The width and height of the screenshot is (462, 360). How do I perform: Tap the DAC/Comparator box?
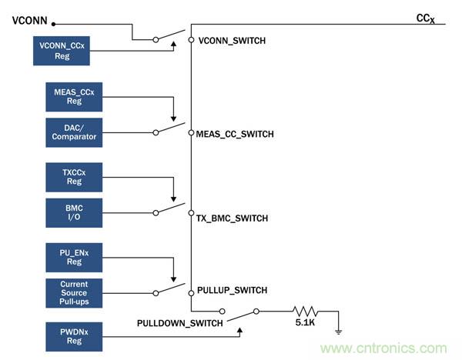click(x=74, y=132)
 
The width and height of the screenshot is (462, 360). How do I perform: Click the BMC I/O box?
click(x=74, y=212)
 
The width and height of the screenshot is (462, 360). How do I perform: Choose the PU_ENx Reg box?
click(x=74, y=256)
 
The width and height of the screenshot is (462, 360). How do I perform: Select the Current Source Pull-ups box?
click(x=74, y=293)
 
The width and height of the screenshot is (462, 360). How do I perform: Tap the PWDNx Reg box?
click(x=74, y=336)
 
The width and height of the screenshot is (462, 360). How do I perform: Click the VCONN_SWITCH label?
click(x=232, y=41)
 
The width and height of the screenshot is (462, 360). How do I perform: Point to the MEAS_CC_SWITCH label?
click(x=235, y=135)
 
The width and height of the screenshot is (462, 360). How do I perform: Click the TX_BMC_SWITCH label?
click(x=232, y=218)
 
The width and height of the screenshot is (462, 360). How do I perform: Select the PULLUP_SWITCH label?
click(x=232, y=291)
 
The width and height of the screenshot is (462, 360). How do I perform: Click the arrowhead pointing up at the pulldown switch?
click(x=241, y=331)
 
